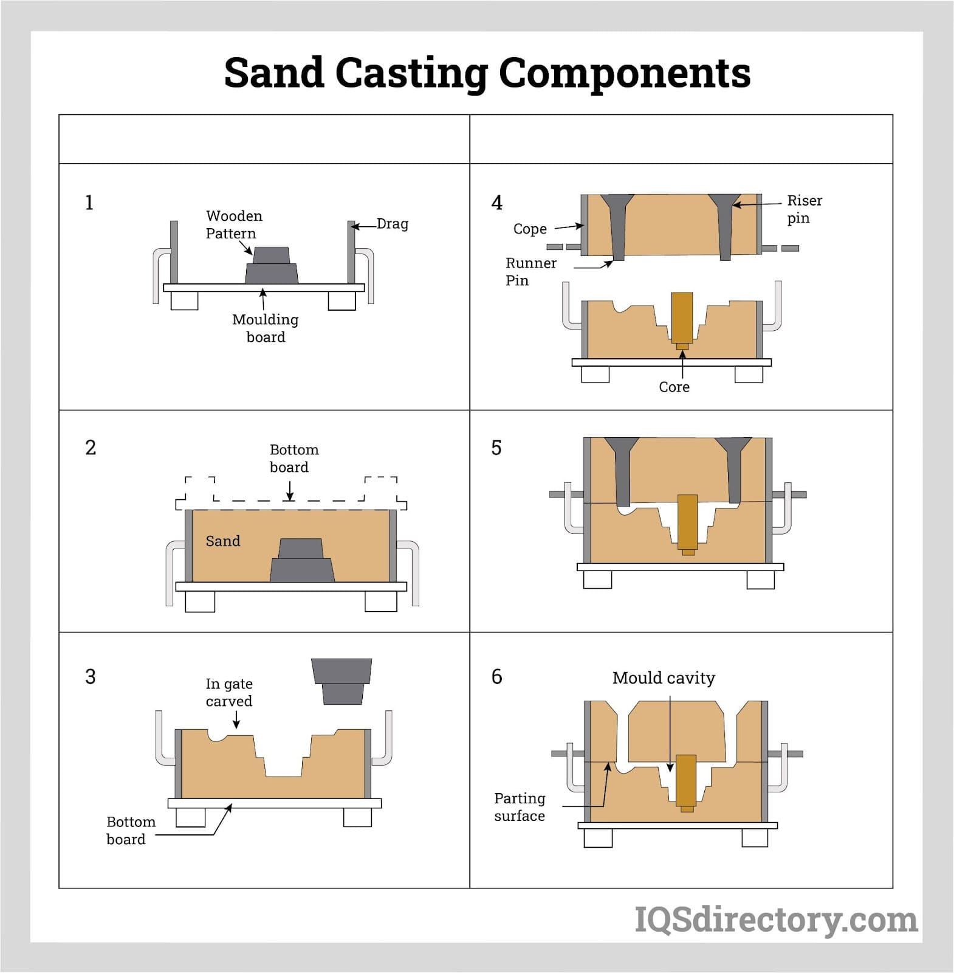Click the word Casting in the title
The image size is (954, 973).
411,74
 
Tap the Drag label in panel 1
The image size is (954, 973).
392,224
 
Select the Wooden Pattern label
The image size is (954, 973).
234,224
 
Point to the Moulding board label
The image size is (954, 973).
266,328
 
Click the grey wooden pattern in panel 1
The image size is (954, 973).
272,266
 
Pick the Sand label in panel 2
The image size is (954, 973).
222,541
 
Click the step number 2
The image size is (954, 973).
91,448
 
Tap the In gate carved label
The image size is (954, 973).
229,692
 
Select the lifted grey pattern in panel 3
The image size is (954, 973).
342,681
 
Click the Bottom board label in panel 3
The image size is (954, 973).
131,830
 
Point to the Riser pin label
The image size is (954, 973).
804,209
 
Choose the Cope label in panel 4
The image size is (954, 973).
530,229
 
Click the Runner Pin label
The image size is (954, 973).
530,271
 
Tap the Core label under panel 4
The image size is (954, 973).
674,387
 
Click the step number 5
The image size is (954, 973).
496,448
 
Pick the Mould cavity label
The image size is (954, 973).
664,677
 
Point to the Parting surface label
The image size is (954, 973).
520,806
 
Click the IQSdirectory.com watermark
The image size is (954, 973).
776,919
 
